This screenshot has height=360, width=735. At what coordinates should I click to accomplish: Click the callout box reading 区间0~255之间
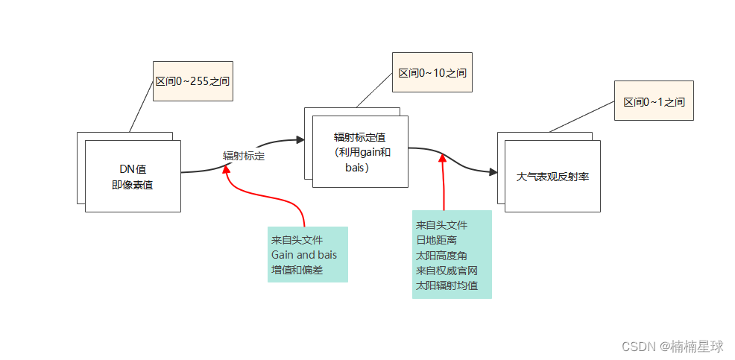192,80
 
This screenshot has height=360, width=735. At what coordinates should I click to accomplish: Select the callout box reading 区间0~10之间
432,72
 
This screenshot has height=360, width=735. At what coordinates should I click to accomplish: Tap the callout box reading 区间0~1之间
654,101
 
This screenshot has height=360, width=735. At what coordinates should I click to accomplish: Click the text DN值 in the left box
133,168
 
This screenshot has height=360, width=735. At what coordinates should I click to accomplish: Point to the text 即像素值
133,184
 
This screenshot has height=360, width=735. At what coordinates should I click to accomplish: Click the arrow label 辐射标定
244,157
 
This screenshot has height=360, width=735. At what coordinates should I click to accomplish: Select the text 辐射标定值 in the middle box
359,137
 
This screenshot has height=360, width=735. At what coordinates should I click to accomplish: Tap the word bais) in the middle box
358,168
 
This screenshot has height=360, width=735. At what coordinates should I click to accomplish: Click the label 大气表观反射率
552,177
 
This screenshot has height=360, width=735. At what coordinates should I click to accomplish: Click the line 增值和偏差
297,270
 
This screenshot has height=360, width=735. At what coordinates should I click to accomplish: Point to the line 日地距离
436,240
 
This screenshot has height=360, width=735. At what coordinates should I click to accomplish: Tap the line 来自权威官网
447,270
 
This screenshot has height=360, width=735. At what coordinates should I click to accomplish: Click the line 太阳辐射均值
447,285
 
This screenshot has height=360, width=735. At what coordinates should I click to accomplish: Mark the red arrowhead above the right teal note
443,158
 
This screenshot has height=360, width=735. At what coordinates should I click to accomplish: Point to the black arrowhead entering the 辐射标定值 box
300,139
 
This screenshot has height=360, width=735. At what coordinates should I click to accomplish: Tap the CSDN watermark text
672,347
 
